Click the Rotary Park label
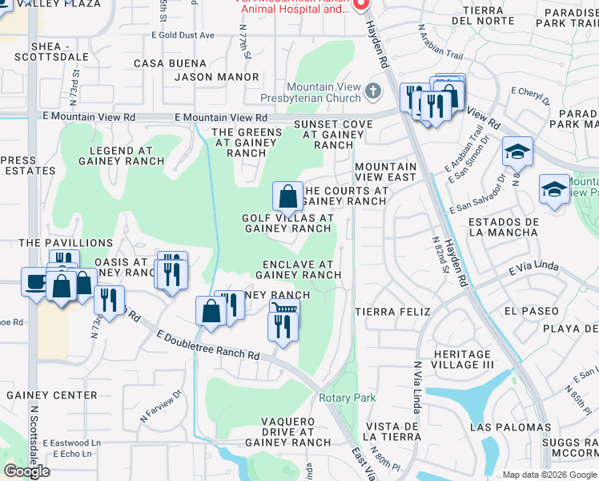[347, 398]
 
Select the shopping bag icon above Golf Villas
[287, 196]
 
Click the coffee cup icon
[36, 282]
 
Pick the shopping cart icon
[283, 308]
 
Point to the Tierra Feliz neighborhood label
[392, 311]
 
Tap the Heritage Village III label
[461, 359]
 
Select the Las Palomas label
[510, 427]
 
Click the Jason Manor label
[217, 78]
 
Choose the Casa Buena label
[171, 63]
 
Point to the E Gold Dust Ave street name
[187, 35]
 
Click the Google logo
[27, 471]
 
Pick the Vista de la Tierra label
[392, 430]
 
